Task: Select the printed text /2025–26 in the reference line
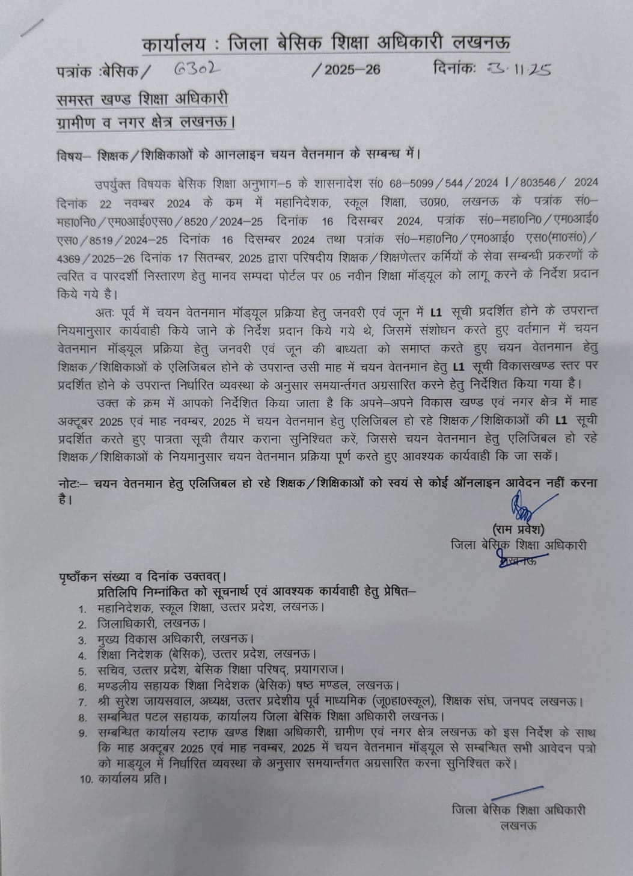(346, 70)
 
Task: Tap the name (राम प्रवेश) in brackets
(518, 530)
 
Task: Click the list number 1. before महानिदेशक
(83, 608)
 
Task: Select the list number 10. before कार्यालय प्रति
(87, 779)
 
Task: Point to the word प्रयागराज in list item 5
(320, 670)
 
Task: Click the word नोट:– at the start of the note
(74, 483)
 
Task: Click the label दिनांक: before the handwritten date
(454, 69)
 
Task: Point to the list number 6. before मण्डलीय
(83, 686)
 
